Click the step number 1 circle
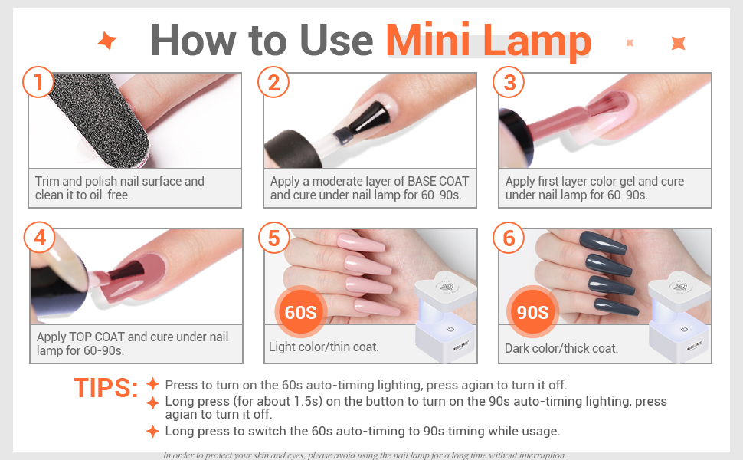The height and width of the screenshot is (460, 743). (37, 82)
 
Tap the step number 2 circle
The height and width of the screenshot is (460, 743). (273, 82)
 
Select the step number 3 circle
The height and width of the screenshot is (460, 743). (509, 82)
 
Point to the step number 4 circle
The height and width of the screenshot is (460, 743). (38, 238)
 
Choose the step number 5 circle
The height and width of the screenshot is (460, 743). (273, 238)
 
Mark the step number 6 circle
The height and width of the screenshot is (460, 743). (509, 238)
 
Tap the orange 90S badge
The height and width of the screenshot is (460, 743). (532, 312)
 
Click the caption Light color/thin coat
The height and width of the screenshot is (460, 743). (323, 347)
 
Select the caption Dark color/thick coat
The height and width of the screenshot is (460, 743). (561, 348)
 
